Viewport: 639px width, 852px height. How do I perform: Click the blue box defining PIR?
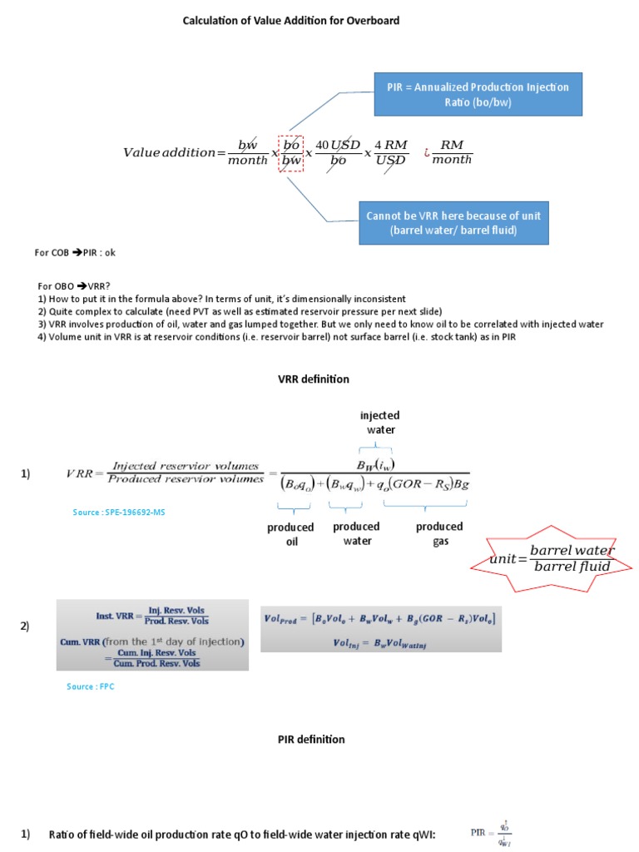(x=478, y=94)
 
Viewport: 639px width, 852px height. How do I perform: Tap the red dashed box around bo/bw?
(x=291, y=152)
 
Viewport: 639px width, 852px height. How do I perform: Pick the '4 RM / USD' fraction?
(x=389, y=152)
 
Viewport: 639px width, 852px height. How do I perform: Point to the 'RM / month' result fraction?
(x=452, y=152)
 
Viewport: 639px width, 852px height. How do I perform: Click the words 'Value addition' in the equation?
(x=169, y=152)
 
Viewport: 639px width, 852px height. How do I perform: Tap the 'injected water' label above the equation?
(x=379, y=422)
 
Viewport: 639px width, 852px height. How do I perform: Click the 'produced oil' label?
(x=290, y=534)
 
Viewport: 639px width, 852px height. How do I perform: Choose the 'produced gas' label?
(x=439, y=533)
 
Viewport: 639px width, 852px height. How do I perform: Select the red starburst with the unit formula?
(x=552, y=559)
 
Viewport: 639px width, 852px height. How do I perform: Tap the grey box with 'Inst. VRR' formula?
(x=152, y=635)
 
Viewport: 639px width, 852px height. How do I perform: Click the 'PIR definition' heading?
(x=311, y=739)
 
